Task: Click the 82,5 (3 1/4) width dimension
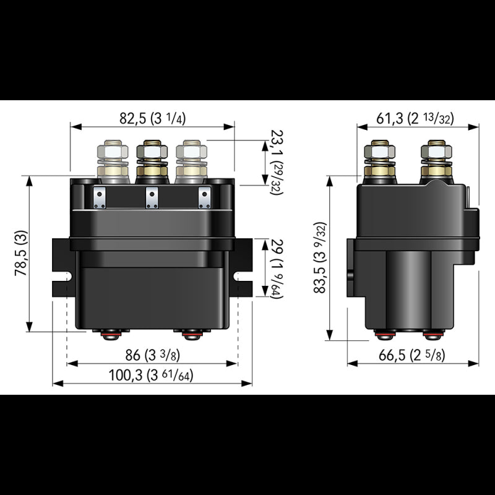(153, 118)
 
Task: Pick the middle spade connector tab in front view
(151, 199)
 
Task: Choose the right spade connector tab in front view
(204, 199)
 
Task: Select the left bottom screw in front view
(110, 335)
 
